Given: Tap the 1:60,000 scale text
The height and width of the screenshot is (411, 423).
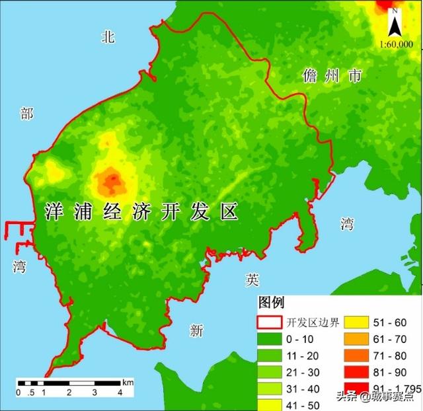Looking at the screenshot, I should click(397, 44).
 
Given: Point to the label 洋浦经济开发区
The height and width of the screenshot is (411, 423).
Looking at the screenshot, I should click(141, 212).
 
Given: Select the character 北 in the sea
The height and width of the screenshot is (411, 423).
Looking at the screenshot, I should click(108, 37).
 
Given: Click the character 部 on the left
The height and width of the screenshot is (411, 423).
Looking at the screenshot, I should click(26, 114).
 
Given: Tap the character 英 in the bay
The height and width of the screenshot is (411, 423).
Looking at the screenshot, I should click(252, 280).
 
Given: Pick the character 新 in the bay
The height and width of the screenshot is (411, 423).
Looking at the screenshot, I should click(196, 331).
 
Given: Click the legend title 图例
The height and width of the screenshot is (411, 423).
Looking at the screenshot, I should click(271, 303).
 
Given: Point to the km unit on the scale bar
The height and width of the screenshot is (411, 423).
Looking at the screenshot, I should click(128, 382).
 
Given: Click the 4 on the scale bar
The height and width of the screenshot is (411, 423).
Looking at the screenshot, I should click(120, 393).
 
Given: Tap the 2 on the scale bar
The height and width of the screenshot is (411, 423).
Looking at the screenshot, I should click(69, 393).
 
